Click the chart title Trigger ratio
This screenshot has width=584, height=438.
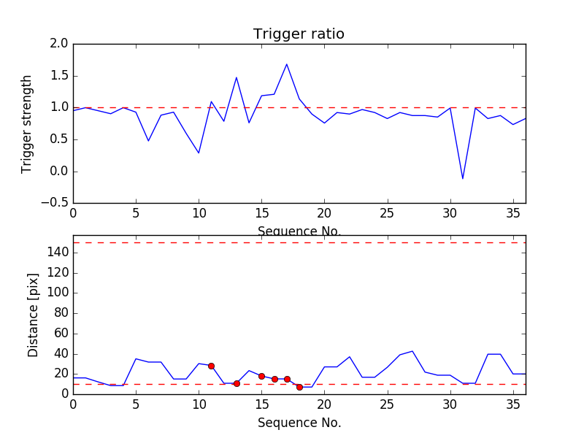299,34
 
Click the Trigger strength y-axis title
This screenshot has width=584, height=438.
27,123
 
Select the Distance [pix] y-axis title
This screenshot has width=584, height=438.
33,315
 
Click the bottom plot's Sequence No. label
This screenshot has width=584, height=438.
299,423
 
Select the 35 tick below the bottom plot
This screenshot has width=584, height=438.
512,404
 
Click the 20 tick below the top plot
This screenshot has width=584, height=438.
324,213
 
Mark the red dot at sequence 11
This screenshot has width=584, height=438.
211,366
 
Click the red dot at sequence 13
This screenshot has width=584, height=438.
237,383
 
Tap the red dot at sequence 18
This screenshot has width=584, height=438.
299,387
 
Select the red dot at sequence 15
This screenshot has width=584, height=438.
261,376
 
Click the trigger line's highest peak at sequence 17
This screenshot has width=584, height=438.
287,64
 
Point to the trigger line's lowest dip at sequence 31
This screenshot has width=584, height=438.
463,179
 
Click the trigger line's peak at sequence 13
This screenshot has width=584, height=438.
237,77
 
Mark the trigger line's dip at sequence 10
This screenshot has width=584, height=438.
199,153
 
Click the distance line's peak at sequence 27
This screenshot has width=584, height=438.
412,351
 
